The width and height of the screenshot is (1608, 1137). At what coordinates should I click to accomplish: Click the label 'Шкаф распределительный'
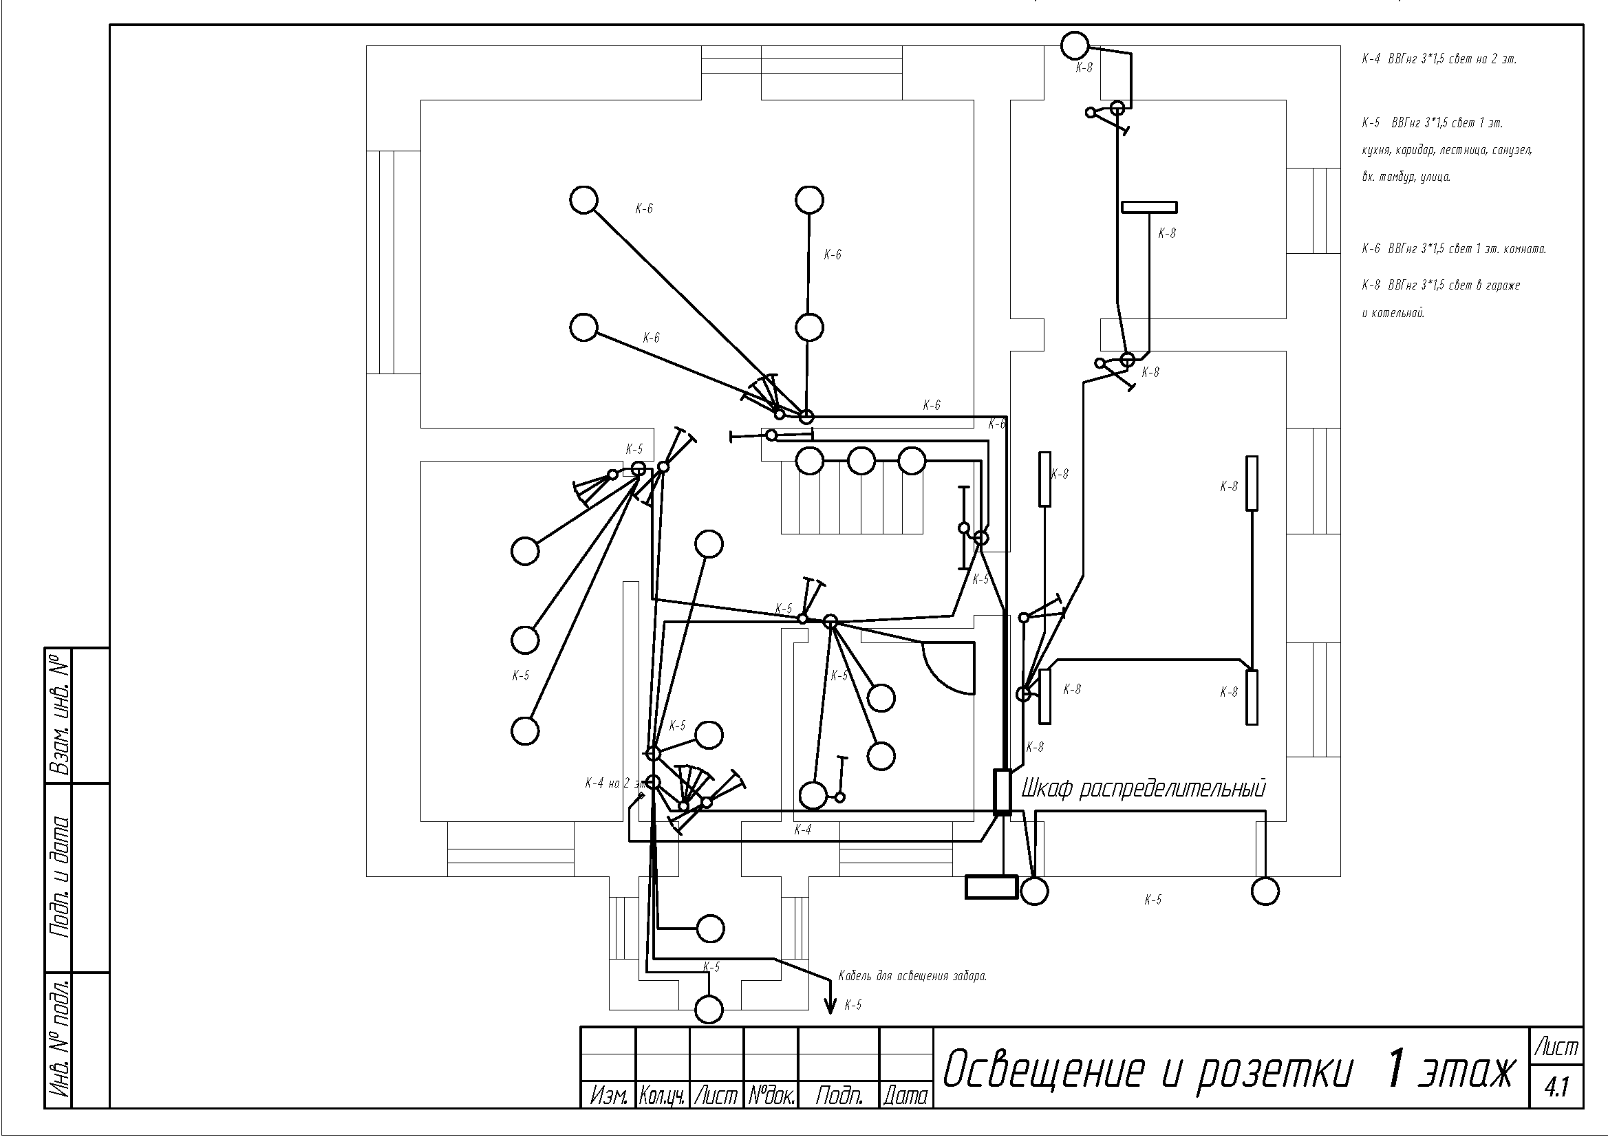[x=1144, y=789]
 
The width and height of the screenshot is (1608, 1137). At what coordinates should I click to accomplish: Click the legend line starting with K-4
[x=1439, y=60]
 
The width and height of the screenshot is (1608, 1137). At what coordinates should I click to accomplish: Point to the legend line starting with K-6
[x=1454, y=248]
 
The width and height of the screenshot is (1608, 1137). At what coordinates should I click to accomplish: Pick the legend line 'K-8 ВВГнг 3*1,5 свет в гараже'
[x=1441, y=285]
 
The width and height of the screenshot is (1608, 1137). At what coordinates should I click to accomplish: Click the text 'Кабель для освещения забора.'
[x=912, y=976]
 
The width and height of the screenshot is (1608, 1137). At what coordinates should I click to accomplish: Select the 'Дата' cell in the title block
[x=905, y=1096]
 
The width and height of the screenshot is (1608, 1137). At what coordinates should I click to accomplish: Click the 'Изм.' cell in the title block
[x=608, y=1096]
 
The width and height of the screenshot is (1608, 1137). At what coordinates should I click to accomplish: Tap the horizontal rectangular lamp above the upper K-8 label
[x=1149, y=207]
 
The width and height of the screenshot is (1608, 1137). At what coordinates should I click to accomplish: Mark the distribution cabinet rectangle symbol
[x=1003, y=792]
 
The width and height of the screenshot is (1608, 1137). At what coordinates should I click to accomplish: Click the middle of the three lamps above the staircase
[x=861, y=462]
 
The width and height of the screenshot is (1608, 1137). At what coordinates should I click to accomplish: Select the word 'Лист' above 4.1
[x=1556, y=1048]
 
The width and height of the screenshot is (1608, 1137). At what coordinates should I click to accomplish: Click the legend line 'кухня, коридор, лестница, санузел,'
[x=1447, y=151]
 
